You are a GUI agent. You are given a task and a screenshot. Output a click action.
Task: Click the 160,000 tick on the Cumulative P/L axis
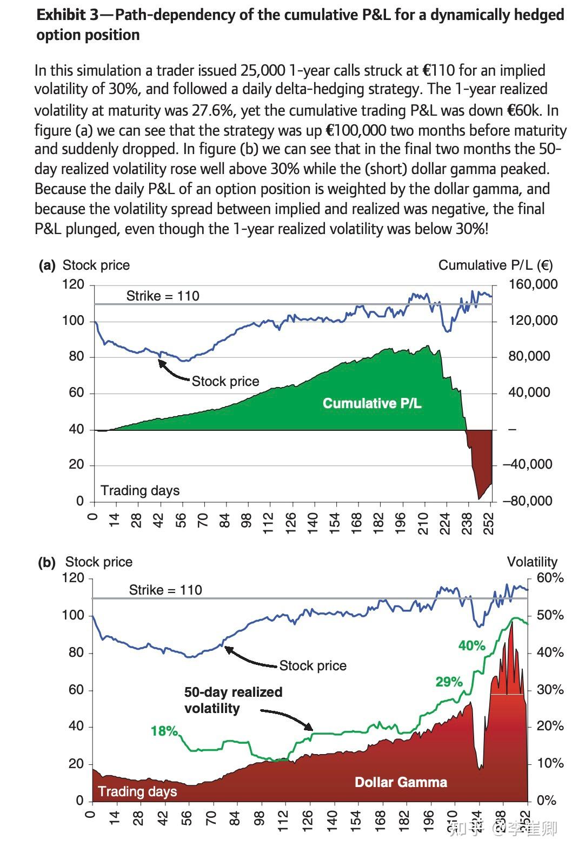pyautogui.click(x=533, y=284)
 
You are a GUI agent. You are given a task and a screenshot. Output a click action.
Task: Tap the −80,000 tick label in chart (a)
pyautogui.click(x=528, y=501)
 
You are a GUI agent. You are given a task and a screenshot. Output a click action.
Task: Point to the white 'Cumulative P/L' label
pyautogui.click(x=372, y=403)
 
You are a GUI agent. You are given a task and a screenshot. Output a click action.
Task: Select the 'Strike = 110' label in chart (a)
pyautogui.click(x=163, y=296)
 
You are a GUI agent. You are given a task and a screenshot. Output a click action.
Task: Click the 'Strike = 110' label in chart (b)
pyautogui.click(x=165, y=590)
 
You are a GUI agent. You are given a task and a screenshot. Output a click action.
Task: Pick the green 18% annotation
pyautogui.click(x=164, y=731)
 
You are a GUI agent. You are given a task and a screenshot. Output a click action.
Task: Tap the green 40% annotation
pyautogui.click(x=471, y=645)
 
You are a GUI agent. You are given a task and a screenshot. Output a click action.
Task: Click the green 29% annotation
pyautogui.click(x=449, y=682)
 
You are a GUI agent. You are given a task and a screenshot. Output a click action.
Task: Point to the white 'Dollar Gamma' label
pyautogui.click(x=401, y=782)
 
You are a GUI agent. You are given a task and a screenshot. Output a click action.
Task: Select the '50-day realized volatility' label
pyautogui.click(x=233, y=700)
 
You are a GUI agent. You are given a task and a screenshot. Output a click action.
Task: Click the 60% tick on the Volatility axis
pyautogui.click(x=550, y=578)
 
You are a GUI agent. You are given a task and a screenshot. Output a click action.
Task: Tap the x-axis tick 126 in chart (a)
pyautogui.click(x=290, y=523)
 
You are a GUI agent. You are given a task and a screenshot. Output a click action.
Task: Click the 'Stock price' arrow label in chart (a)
pyautogui.click(x=225, y=382)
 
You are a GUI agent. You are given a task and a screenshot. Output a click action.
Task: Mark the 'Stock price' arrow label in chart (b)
pyautogui.click(x=312, y=666)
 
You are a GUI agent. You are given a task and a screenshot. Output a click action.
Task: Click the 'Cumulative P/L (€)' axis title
pyautogui.click(x=495, y=265)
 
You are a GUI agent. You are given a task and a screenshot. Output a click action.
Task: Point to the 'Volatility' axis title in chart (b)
pyautogui.click(x=531, y=562)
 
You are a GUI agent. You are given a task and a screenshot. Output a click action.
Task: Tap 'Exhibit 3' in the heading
pyautogui.click(x=68, y=15)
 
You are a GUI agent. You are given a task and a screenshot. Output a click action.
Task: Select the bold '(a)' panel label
pyautogui.click(x=46, y=265)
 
